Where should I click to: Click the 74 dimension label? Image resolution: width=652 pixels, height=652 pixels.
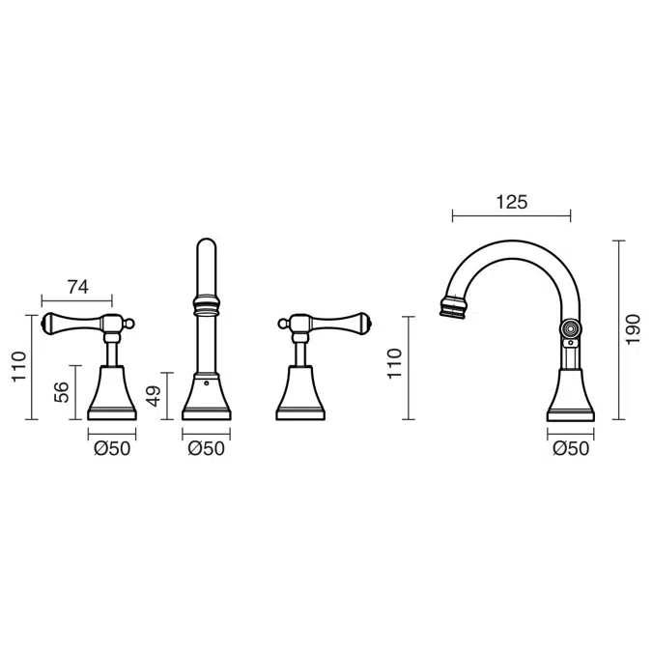pyautogui.click(x=78, y=287)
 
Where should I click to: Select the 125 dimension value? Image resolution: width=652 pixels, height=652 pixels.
pyautogui.click(x=511, y=202)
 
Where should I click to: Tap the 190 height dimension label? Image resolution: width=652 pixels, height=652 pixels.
pyautogui.click(x=633, y=329)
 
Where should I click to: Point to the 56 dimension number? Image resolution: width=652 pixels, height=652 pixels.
pyautogui.click(x=61, y=392)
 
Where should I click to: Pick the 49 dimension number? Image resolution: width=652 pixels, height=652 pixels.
pyautogui.click(x=154, y=396)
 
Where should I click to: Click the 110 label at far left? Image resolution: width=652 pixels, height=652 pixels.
pyautogui.click(x=19, y=366)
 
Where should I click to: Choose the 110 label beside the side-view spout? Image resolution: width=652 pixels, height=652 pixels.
pyautogui.click(x=395, y=363)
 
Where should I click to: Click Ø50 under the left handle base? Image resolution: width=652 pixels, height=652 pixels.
pyautogui.click(x=112, y=448)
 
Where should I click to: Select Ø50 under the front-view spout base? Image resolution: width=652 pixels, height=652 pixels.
pyautogui.click(x=207, y=448)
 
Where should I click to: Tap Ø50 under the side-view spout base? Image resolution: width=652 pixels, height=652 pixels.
pyautogui.click(x=571, y=448)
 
